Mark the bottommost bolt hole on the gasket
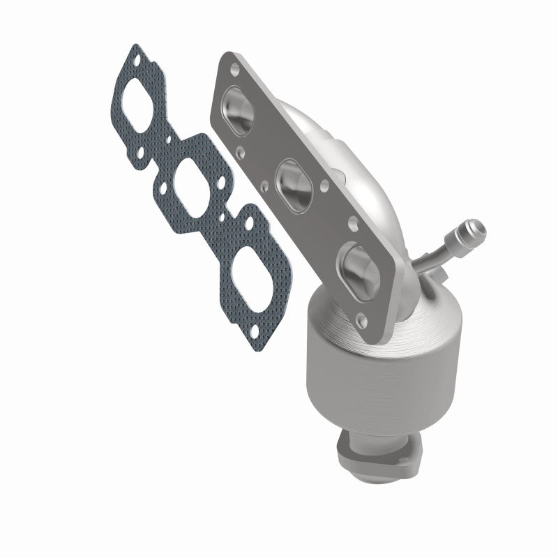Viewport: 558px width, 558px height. [x=259, y=312]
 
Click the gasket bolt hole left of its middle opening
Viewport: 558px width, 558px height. [x=160, y=188]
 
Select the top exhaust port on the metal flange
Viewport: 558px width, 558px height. [x=239, y=112]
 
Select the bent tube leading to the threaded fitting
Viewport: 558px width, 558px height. [x=438, y=253]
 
